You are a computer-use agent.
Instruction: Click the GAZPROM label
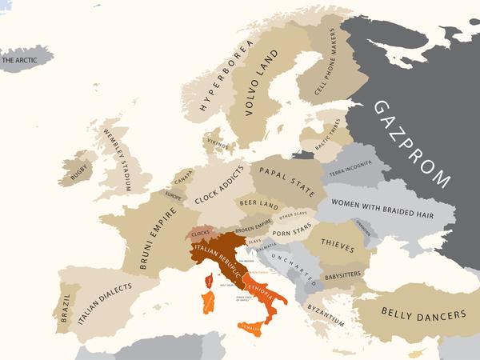(x=413, y=144)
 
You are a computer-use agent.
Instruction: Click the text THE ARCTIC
(x=22, y=60)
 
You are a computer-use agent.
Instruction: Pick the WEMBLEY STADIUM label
(x=116, y=157)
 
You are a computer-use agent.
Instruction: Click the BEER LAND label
(x=259, y=206)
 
